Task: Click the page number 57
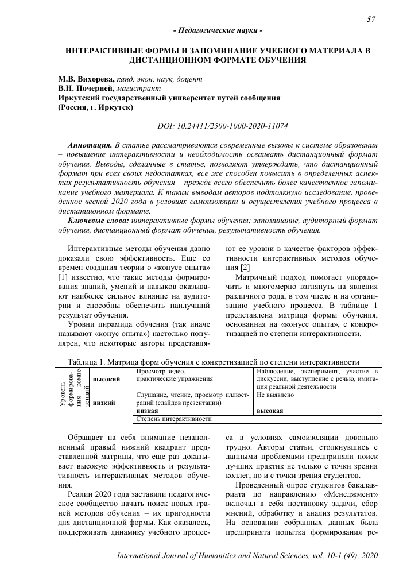pos(371,19)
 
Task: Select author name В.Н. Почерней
pos(87,88)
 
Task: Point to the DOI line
pos(222,125)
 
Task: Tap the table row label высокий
pos(107,380)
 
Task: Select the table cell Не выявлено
pos(276,395)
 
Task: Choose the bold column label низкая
pos(148,411)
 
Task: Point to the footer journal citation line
pos(247,556)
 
